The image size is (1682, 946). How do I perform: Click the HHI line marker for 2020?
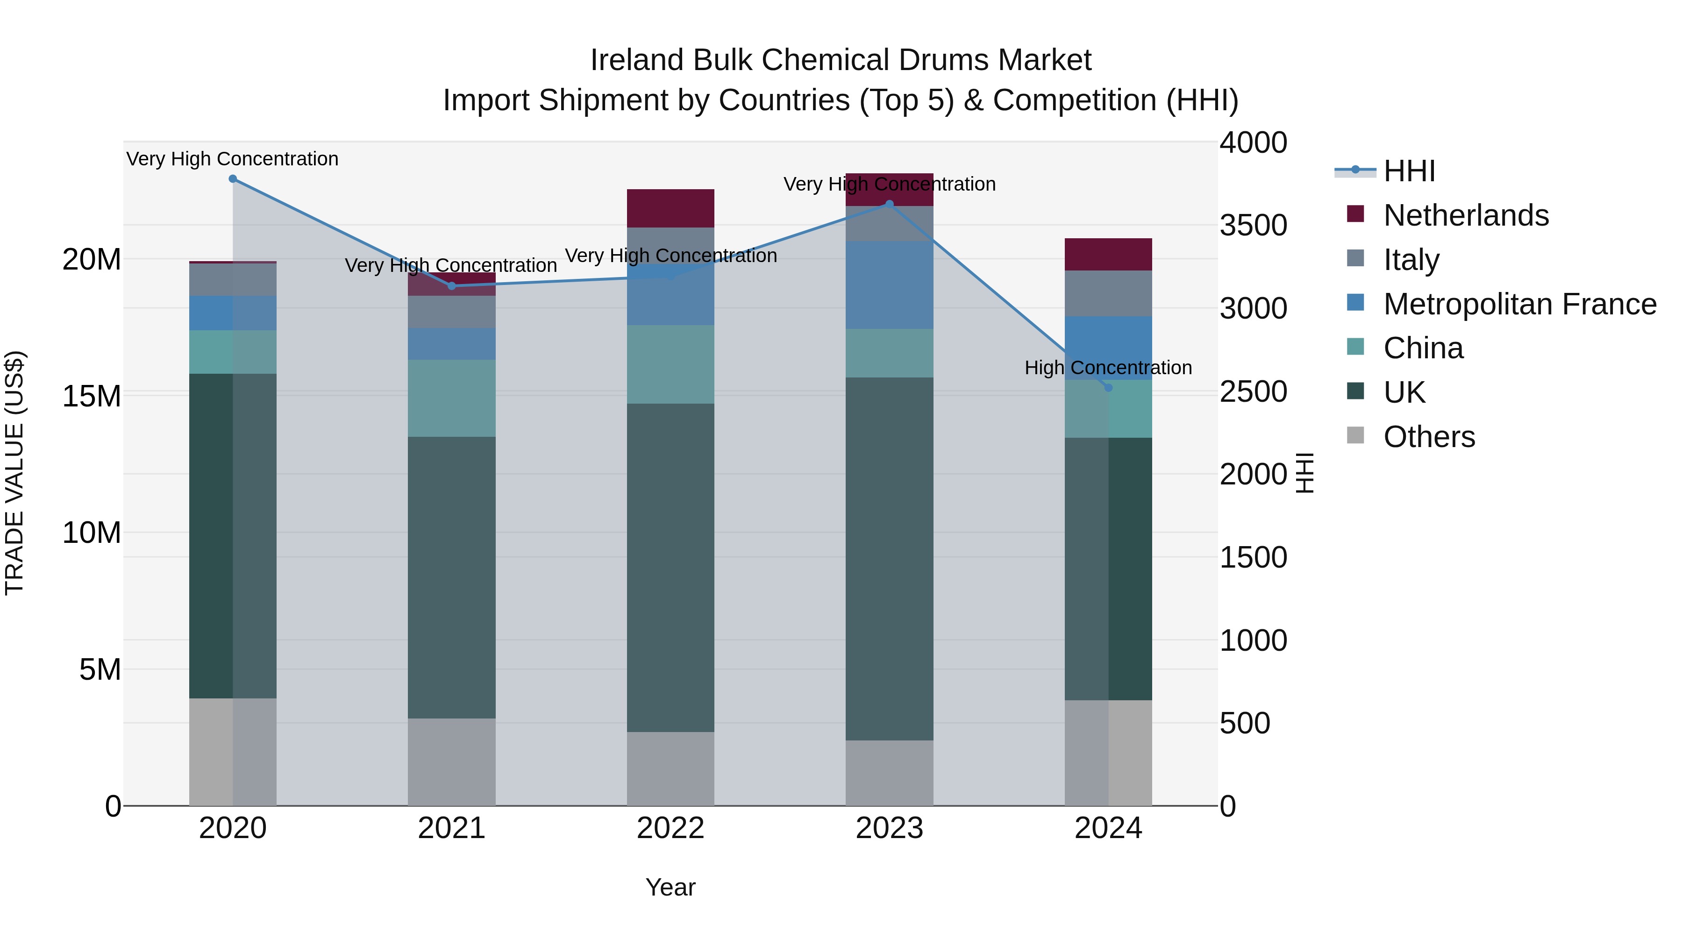pyautogui.click(x=233, y=179)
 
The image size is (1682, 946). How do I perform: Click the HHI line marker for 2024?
pyautogui.click(x=1108, y=388)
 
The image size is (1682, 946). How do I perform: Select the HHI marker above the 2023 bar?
pyautogui.click(x=889, y=204)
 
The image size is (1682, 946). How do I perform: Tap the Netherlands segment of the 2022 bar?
pyautogui.click(x=670, y=208)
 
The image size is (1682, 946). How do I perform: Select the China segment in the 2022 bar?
pyautogui.click(x=670, y=364)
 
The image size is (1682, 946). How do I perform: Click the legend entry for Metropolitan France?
pyautogui.click(x=1519, y=304)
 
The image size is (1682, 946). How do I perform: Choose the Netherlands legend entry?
pyautogui.click(x=1465, y=215)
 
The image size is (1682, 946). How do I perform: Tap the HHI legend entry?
pyautogui.click(x=1409, y=171)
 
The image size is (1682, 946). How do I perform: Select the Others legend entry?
pyautogui.click(x=1429, y=437)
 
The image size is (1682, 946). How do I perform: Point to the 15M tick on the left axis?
pyautogui.click(x=92, y=396)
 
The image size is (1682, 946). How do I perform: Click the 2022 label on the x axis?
pyautogui.click(x=670, y=828)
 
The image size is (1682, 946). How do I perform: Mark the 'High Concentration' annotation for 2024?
pyautogui.click(x=1108, y=368)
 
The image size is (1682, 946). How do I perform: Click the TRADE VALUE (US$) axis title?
pyautogui.click(x=14, y=473)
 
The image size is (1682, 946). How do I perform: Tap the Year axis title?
pyautogui.click(x=670, y=887)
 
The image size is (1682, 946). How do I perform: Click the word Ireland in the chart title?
pyautogui.click(x=638, y=60)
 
